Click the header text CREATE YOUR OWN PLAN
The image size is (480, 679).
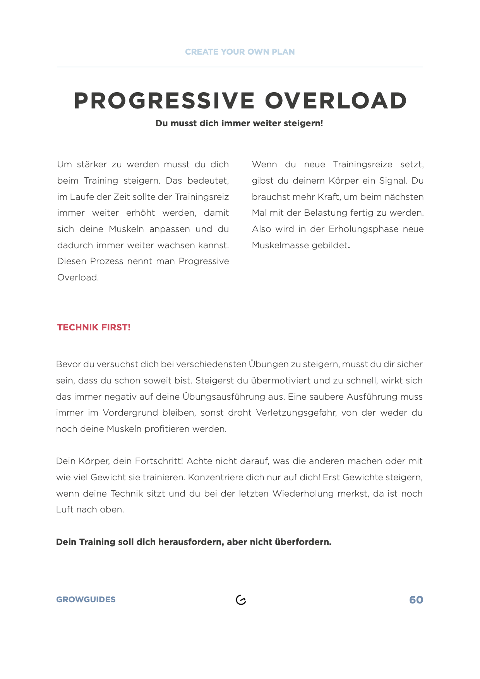pos(240,52)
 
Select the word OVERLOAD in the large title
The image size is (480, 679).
pos(336,101)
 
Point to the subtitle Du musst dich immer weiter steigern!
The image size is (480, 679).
pos(239,124)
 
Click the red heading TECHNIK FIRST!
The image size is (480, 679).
pos(94,328)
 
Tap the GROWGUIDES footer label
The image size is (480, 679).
pos(86,600)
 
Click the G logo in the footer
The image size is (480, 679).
pos(241,600)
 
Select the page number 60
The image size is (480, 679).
pos(416,600)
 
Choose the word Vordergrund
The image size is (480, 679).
pos(130,413)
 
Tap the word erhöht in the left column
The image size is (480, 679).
pos(141,213)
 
